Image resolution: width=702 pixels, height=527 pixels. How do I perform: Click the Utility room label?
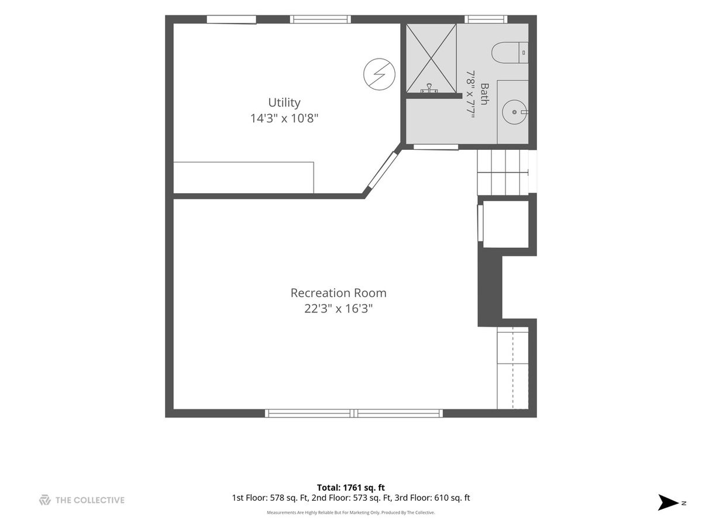click(284, 102)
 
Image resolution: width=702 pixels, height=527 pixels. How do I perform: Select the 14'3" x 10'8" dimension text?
click(284, 118)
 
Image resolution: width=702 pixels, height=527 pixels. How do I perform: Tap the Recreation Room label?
click(338, 293)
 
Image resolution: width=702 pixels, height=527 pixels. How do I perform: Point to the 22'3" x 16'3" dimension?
click(338, 309)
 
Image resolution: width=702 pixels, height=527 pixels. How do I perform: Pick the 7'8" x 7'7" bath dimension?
click(470, 94)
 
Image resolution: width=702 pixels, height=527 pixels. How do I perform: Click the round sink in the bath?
click(515, 112)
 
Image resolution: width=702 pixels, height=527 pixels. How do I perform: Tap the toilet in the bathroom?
click(510, 53)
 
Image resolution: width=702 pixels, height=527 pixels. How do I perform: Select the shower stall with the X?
click(431, 58)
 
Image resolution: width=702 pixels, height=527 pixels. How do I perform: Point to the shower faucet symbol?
click(429, 88)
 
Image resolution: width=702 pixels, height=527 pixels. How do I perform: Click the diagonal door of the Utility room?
click(382, 170)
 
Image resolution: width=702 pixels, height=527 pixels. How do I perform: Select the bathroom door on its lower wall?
click(436, 147)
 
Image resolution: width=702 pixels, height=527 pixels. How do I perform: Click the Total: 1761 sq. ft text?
click(351, 488)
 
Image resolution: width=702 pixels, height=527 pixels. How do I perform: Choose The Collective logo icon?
click(45, 500)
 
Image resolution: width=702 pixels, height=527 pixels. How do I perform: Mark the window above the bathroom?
click(486, 19)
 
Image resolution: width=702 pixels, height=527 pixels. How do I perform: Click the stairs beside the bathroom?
click(503, 173)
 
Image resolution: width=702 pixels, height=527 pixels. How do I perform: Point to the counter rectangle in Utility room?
click(243, 177)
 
